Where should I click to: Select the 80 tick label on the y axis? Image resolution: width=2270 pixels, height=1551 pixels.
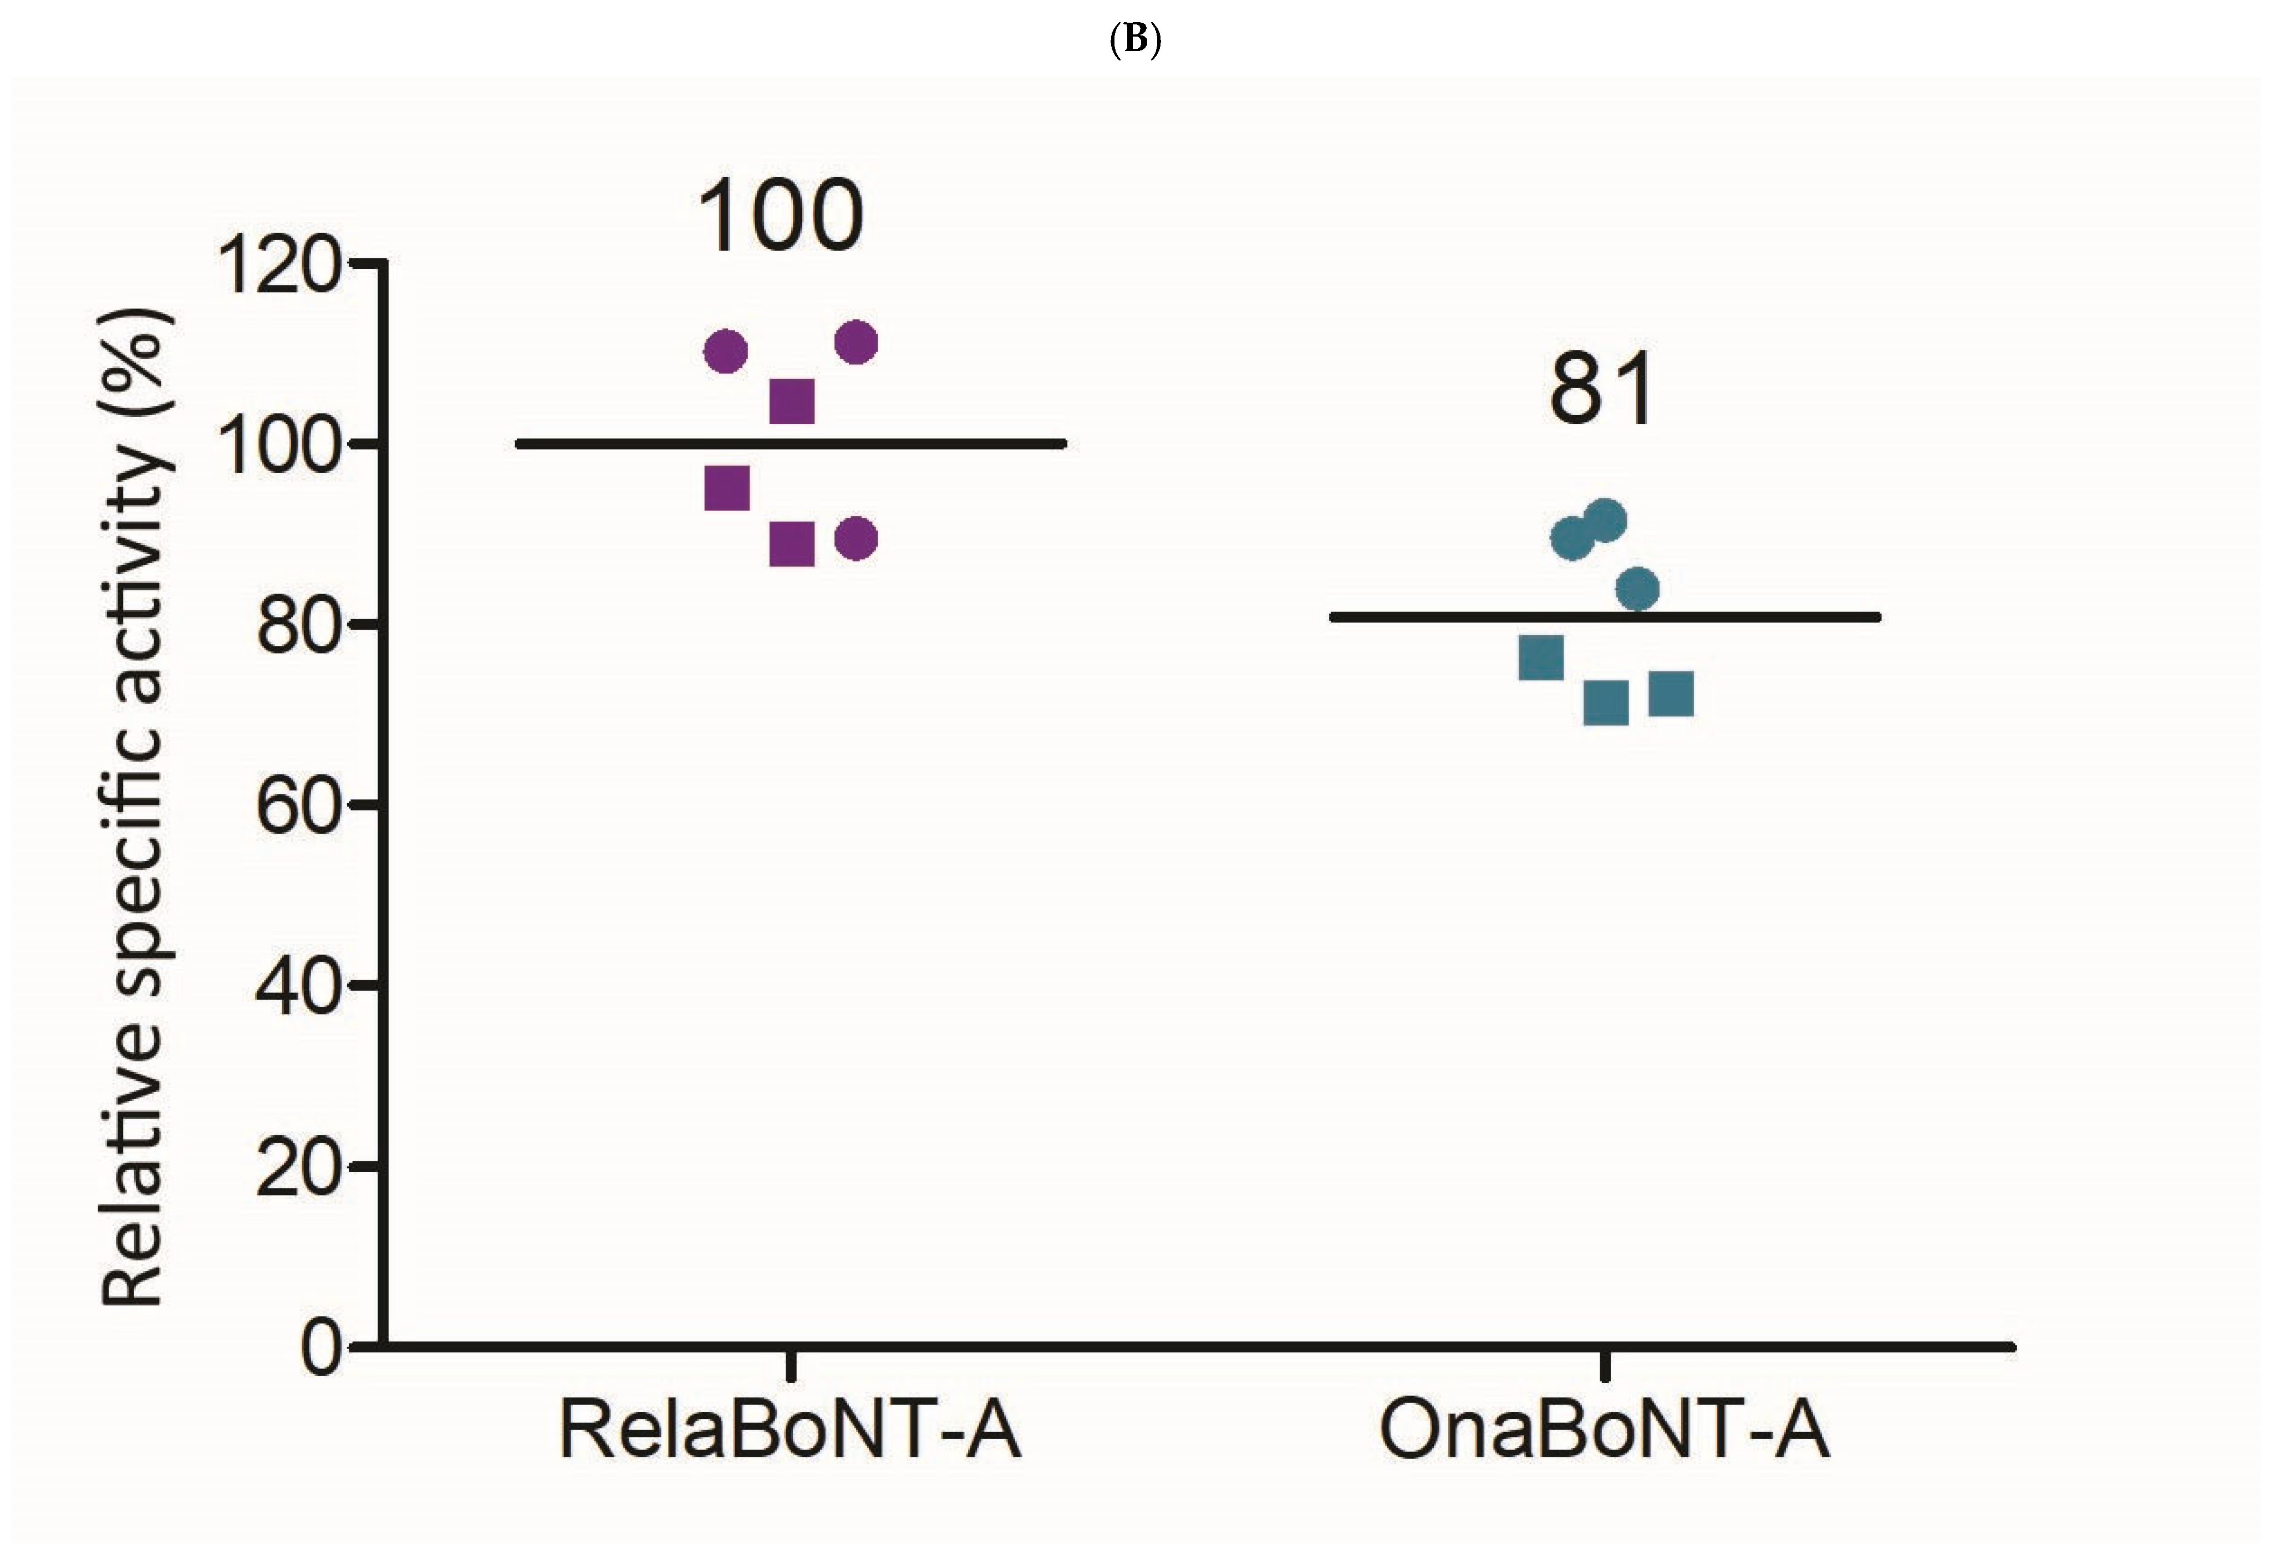298,629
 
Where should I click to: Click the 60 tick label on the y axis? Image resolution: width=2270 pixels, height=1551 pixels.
298,810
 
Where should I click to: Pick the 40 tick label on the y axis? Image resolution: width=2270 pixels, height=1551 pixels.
298,989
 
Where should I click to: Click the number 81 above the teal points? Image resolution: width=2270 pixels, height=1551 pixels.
1602,391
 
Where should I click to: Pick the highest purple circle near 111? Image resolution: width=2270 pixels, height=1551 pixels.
857,342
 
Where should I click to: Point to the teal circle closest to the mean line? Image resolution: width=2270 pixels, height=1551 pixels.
1637,589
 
